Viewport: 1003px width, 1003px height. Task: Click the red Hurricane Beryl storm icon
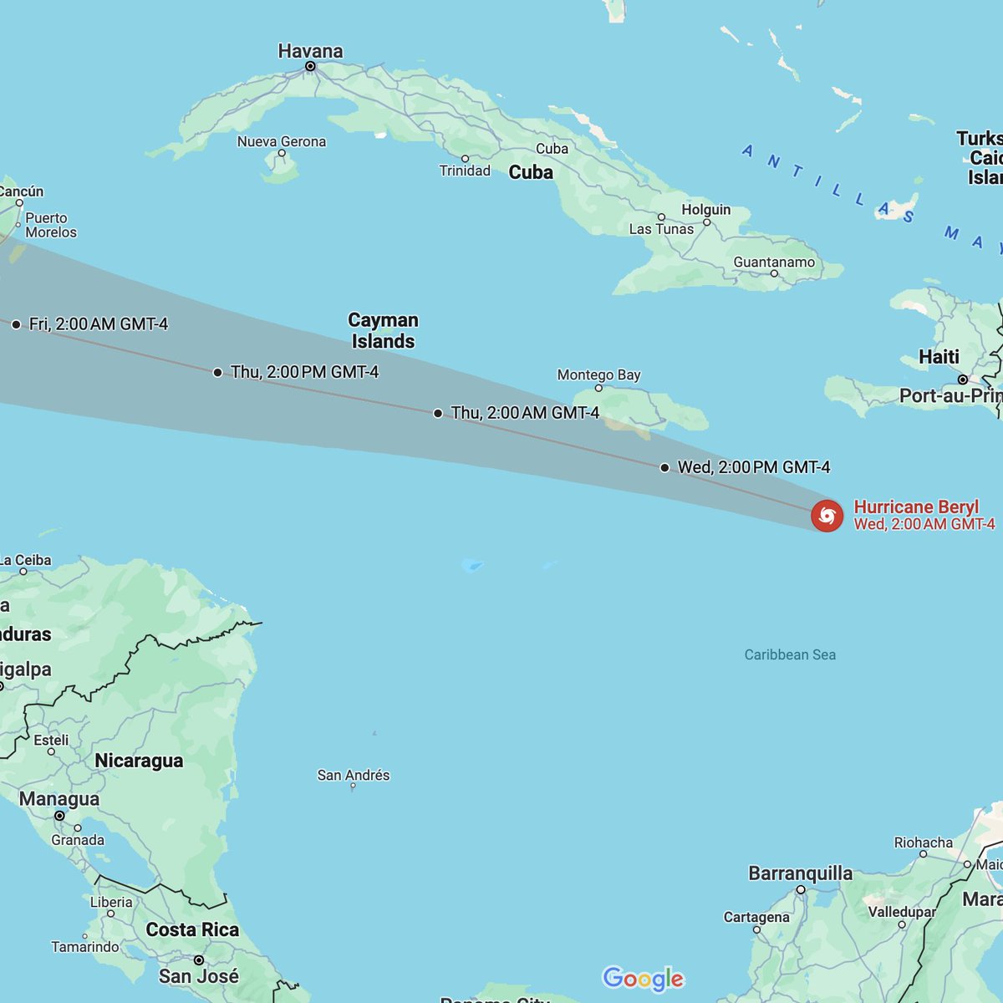pos(827,516)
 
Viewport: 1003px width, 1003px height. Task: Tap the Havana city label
pos(310,52)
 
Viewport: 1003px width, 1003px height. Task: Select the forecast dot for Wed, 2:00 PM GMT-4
pos(664,468)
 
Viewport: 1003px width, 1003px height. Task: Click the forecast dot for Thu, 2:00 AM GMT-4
pos(438,413)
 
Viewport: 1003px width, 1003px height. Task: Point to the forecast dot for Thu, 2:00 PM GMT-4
pos(218,373)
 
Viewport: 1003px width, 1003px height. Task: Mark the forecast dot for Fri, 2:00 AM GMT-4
pos(17,324)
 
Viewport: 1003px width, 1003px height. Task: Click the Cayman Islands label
pos(383,330)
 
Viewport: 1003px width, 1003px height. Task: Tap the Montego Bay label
pos(598,375)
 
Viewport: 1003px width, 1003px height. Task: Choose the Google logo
pos(643,978)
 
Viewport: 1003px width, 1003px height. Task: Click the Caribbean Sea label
pos(790,654)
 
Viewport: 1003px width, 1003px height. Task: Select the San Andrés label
pos(353,775)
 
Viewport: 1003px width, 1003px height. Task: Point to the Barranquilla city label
pos(800,873)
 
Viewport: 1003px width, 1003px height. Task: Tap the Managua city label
pos(59,799)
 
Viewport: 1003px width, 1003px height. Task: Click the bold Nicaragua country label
pos(139,761)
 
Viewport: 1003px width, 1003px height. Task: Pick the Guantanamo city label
pos(774,262)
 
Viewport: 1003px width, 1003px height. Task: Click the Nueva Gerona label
pos(281,142)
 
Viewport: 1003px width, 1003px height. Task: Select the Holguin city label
pos(705,210)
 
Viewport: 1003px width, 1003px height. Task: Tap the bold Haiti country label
pos(939,357)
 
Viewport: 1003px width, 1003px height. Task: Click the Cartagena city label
pos(756,917)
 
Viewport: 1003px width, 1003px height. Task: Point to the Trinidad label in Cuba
pos(465,171)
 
